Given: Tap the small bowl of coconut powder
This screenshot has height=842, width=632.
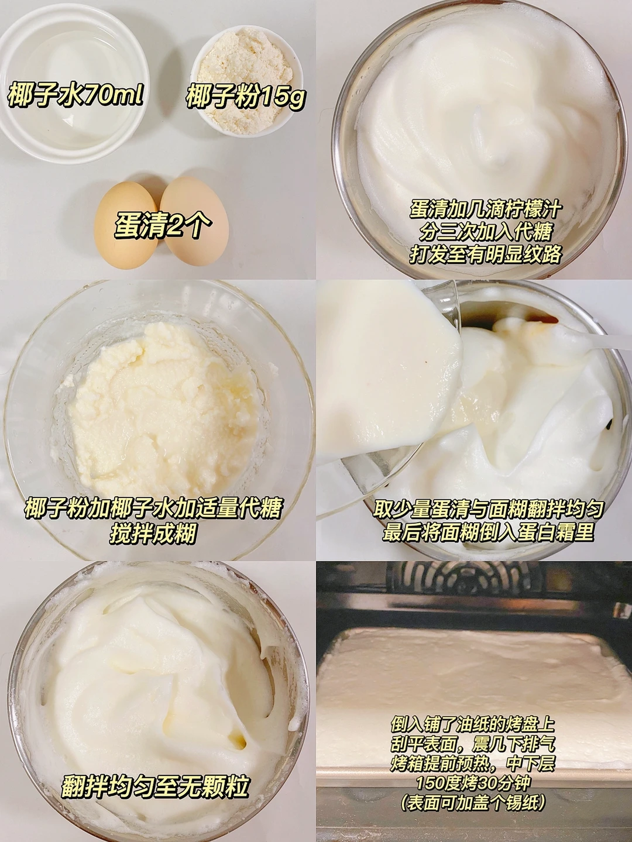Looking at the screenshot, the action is [246, 81].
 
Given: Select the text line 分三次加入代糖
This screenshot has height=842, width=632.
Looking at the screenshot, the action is [486, 232].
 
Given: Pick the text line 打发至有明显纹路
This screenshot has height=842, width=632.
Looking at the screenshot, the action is [486, 254].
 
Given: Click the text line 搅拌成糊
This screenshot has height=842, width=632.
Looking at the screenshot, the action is [153, 533].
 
